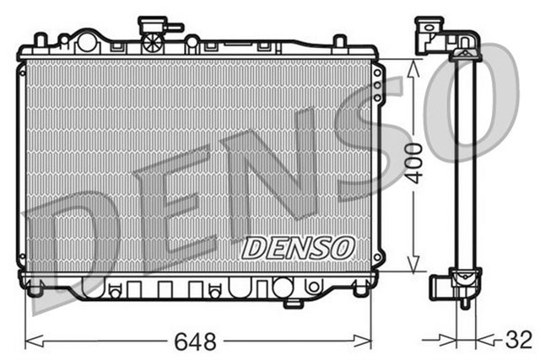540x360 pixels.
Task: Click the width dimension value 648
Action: pyautogui.click(x=196, y=341)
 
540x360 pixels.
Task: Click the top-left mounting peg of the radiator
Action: pyautogui.click(x=39, y=40)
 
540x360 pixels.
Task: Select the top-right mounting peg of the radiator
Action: pyautogui.click(x=338, y=41)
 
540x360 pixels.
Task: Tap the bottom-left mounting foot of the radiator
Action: pyautogui.click(x=35, y=290)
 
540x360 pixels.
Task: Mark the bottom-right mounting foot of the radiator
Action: pyautogui.click(x=360, y=290)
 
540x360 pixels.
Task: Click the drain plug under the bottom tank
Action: pyautogui.click(x=293, y=302)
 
